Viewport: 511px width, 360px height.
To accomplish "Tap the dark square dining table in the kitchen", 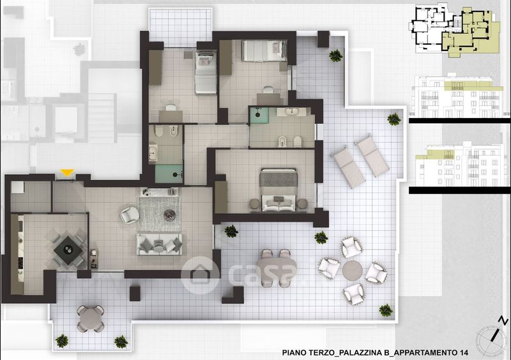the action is tap(68, 250).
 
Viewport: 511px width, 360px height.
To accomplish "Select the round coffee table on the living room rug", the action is tap(169, 214).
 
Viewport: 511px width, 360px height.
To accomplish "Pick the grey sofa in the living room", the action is tap(159, 244).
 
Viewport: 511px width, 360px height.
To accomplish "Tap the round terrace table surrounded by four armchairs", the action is tap(353, 271).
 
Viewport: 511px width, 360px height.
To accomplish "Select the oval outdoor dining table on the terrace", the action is tap(276, 268).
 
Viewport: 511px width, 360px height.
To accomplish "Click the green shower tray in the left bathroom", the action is tap(169, 174).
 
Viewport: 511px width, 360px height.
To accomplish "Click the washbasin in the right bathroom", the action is tap(291, 112).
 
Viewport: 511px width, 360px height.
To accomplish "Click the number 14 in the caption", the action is tap(464, 352).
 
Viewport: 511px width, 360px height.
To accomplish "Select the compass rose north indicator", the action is tap(492, 336).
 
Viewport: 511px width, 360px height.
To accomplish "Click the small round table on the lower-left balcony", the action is tap(91, 319).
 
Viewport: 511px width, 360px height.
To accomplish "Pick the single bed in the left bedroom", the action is tap(206, 72).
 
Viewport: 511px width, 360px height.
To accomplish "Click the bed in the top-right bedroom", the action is tap(264, 50).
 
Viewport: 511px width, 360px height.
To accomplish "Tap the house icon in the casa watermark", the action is tap(199, 274).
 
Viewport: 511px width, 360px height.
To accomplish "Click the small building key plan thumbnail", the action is tap(455, 30).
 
